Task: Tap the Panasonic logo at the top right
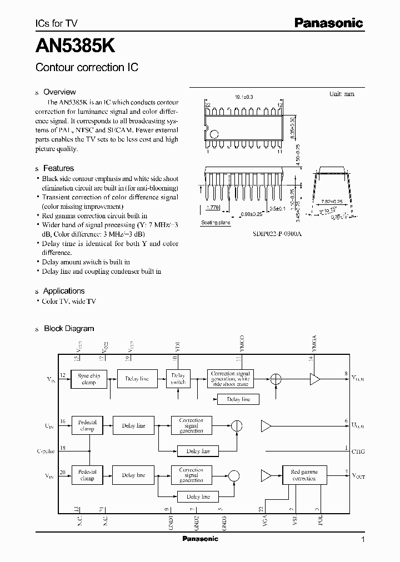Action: pos(328,23)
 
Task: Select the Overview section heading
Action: pos(59,92)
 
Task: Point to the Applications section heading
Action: pos(64,291)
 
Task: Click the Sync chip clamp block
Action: pos(89,379)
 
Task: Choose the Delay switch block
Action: pos(178,379)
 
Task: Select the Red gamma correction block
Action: pos(304,475)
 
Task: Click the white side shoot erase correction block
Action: pos(231,379)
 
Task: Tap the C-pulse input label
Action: pos(46,451)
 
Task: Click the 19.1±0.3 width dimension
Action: pos(244,97)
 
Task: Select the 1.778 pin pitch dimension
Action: pos(212,207)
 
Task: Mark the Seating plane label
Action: pos(215,223)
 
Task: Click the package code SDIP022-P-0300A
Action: pos(276,234)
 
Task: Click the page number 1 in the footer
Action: pos(363,539)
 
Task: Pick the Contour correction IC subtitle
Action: pos(87,67)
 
